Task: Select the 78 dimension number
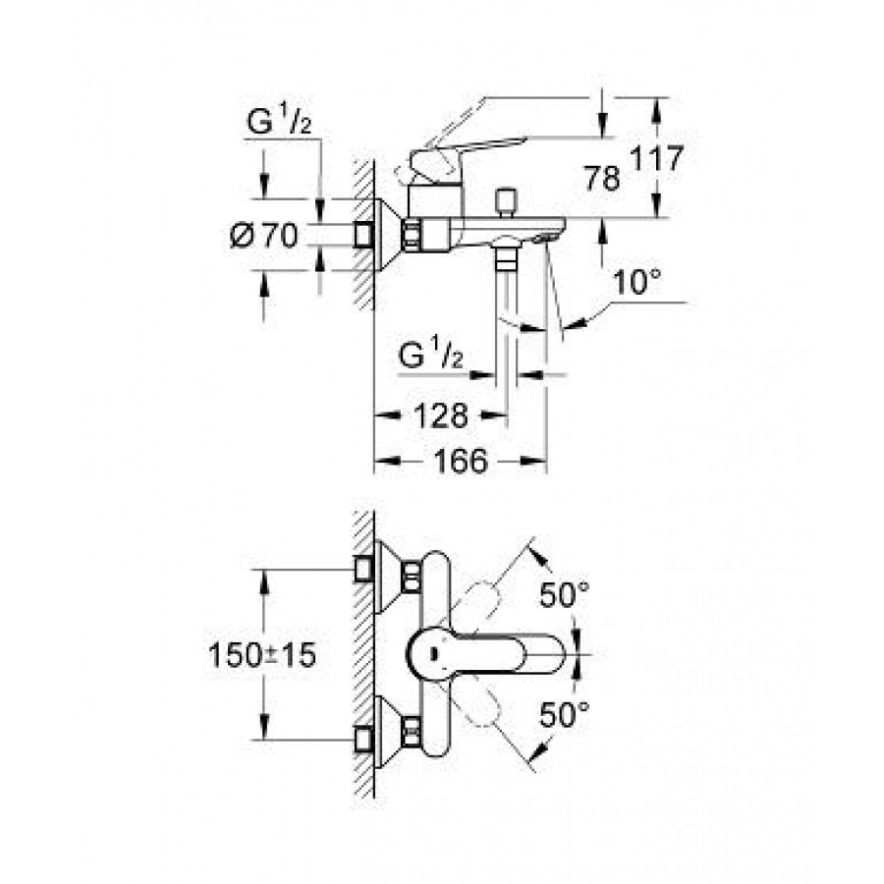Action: coord(600,179)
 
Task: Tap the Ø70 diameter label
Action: coord(264,236)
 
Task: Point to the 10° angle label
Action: coord(635,285)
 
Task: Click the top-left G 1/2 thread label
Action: coord(281,124)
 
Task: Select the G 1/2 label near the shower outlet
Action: coord(431,357)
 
